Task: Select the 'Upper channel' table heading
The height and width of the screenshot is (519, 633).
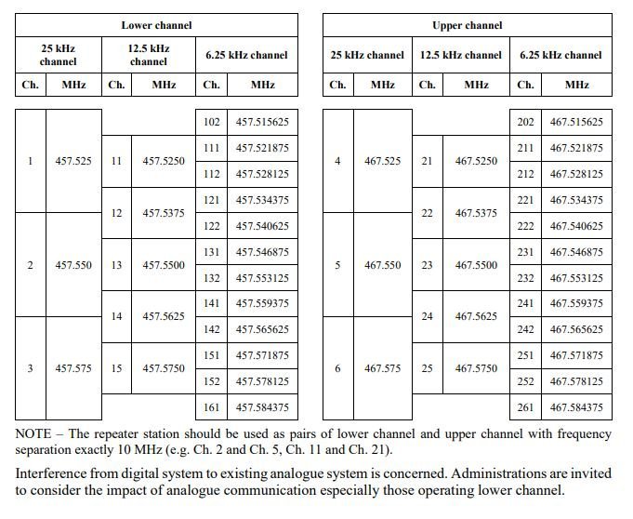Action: coord(468,25)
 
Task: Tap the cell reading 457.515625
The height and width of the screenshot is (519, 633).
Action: coord(262,122)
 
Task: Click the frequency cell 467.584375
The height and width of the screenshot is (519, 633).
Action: coord(576,406)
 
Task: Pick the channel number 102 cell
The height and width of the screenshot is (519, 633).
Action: coord(211,122)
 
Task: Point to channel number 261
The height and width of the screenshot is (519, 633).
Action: coord(525,406)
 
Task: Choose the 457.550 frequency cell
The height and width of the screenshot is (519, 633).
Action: coord(73,265)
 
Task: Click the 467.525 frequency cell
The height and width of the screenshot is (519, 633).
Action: coord(383,161)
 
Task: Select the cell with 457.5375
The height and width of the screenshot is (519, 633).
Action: coord(164,213)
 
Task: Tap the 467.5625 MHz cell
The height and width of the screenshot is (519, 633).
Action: coord(477,316)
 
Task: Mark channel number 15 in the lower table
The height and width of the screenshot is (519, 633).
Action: coord(116,368)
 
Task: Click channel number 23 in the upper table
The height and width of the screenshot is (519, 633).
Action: coord(427,265)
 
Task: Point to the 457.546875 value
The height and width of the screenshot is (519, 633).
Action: coord(262,252)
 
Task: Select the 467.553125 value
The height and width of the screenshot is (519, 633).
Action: coord(576,278)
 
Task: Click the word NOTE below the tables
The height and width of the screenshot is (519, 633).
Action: coord(34,433)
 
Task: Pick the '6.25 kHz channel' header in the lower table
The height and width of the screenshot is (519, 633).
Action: coord(246,55)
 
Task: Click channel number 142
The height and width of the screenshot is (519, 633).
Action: coord(211,329)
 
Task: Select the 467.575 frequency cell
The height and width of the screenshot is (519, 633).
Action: coord(383,368)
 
